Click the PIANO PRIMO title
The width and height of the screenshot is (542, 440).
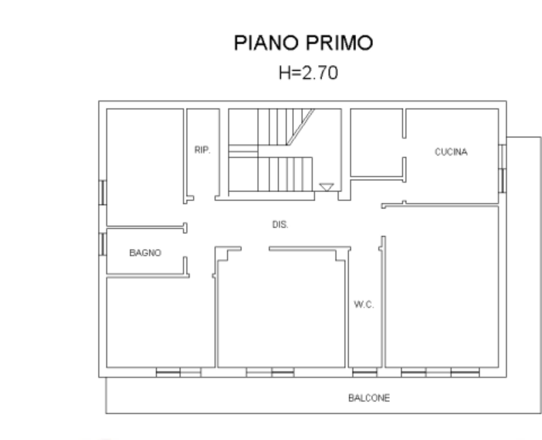304,43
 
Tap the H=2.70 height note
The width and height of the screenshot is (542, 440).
308,73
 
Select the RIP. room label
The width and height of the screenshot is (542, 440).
202,150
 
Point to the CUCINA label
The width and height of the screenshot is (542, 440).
451,152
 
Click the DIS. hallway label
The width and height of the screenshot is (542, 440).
280,224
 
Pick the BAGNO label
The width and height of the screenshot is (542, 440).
145,253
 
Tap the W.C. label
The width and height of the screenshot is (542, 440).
364,305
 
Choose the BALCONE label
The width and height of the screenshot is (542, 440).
369,398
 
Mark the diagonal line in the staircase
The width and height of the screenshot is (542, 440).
301,127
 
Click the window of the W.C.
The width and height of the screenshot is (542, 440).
365,373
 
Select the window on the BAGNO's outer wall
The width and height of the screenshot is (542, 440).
102,244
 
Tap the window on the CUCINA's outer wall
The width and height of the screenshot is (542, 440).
502,169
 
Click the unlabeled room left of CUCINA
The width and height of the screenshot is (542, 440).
376,143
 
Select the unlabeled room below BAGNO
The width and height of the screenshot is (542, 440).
161,322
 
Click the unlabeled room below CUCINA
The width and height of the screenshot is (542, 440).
442,287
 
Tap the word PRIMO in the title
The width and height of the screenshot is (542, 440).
340,43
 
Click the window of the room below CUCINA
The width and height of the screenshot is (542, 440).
440,373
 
